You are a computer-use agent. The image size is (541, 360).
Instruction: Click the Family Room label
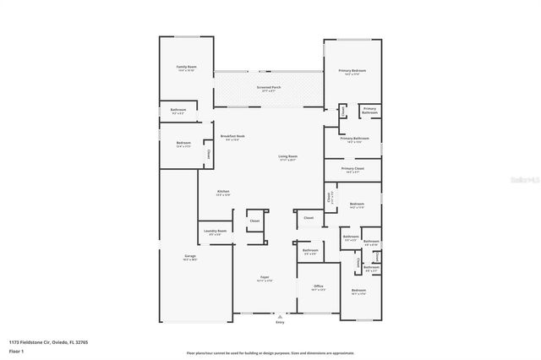(x=186, y=66)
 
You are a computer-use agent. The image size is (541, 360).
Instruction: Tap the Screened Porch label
(x=269, y=87)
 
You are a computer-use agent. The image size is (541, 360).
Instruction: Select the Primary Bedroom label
(x=350, y=70)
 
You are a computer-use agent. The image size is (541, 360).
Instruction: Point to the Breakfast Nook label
(x=232, y=136)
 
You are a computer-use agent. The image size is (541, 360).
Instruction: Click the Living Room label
(x=288, y=156)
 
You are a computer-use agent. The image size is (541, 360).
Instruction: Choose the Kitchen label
(x=223, y=192)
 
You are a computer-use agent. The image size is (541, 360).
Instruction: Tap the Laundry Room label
(x=215, y=231)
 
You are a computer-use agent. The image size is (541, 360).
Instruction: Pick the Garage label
(x=190, y=256)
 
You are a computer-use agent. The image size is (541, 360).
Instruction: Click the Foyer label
(x=265, y=277)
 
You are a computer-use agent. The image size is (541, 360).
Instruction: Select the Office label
(x=318, y=286)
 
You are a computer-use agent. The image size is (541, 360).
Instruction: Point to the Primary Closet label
(x=352, y=168)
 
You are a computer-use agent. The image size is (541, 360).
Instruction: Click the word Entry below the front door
(x=280, y=323)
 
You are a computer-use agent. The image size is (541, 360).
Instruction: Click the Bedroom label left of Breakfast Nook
(x=183, y=143)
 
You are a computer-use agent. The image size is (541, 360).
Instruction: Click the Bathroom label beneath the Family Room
(x=178, y=110)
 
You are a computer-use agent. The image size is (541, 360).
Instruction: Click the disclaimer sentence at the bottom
(x=270, y=352)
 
